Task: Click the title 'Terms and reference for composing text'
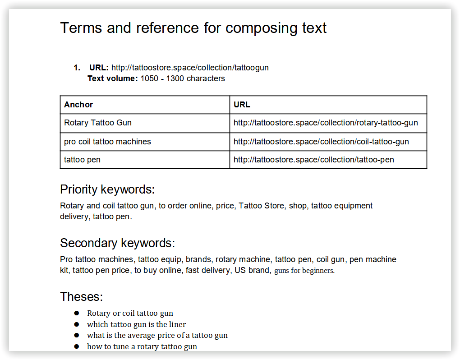[x=193, y=28]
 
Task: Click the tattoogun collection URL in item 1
[x=190, y=68]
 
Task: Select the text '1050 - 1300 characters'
[x=183, y=78]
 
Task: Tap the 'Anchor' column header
[x=78, y=105]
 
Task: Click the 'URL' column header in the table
[x=242, y=105]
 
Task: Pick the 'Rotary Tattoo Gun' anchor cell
[x=98, y=123]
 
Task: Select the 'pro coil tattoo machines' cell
[x=107, y=142]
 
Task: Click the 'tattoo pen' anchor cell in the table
[x=82, y=160]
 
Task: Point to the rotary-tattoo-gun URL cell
[x=326, y=123]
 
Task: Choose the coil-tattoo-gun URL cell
[x=321, y=142]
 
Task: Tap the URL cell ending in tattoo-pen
[x=314, y=160]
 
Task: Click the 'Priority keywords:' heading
[x=107, y=189]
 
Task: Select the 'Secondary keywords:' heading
[x=117, y=243]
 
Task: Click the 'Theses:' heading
[x=82, y=297]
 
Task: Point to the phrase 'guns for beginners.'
[x=304, y=271]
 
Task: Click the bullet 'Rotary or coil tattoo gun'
[x=130, y=313]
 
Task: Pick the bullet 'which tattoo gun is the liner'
[x=136, y=324]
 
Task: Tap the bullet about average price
[x=157, y=335]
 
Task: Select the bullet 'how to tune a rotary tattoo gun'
[x=142, y=346]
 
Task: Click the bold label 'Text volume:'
[x=112, y=78]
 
